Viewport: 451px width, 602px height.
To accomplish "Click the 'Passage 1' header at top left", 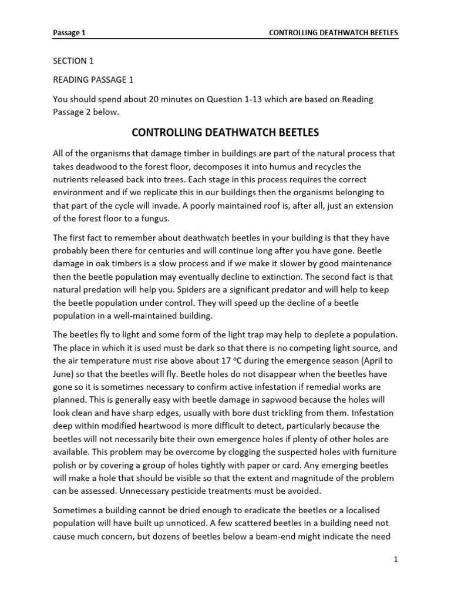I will (x=69, y=33).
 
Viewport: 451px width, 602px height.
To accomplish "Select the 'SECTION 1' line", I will (x=73, y=61).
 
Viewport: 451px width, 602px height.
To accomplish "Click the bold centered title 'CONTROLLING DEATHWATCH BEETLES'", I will (x=225, y=132).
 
